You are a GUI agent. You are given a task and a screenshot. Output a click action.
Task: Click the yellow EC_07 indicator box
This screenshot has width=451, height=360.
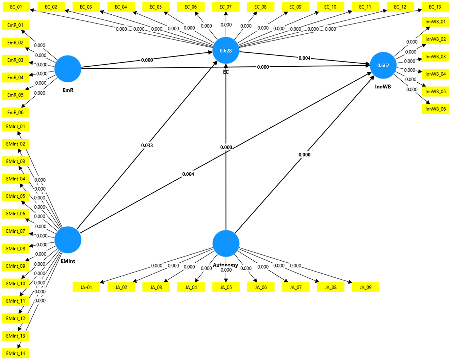pyautogui.click(x=225, y=7)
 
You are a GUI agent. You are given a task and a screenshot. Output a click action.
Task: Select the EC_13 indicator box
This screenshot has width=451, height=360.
pyautogui.click(x=435, y=7)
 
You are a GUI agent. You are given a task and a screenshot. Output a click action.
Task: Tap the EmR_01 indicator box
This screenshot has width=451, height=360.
pyautogui.click(x=15, y=25)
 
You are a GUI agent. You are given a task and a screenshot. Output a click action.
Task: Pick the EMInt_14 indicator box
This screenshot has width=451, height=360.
pyautogui.click(x=15, y=353)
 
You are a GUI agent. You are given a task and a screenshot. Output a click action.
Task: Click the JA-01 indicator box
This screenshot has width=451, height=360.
pyautogui.click(x=86, y=287)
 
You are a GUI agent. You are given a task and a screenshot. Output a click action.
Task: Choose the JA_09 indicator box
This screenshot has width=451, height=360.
pyautogui.click(x=365, y=287)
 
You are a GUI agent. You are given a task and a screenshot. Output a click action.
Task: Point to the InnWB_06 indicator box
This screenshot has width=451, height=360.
pyautogui.click(x=435, y=109)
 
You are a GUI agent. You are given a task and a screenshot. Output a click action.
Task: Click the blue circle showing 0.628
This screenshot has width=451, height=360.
pyautogui.click(x=226, y=51)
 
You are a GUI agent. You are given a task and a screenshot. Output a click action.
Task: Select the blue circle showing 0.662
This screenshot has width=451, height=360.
pyautogui.click(x=383, y=65)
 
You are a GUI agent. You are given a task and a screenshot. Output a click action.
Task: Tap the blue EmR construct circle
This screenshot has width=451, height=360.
pyautogui.click(x=68, y=69)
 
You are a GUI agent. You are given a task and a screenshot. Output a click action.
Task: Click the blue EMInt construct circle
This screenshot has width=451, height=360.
pyautogui.click(x=68, y=240)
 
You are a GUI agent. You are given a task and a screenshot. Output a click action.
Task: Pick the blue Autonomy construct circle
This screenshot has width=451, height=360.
pyautogui.click(x=226, y=243)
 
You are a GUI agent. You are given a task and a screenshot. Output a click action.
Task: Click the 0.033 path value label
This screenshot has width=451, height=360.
pyautogui.click(x=147, y=145)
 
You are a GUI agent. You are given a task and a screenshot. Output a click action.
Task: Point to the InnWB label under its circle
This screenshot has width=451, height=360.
pyautogui.click(x=383, y=87)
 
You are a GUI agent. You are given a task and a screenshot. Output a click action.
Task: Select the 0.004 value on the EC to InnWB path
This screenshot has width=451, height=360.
pyautogui.click(x=304, y=58)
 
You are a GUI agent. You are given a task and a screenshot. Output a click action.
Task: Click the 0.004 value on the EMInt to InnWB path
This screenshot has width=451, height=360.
pyautogui.click(x=188, y=174)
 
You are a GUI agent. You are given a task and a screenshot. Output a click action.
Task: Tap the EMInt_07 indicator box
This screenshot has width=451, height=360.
pyautogui.click(x=15, y=231)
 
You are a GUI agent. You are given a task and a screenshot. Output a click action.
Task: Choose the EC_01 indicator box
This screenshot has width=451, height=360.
pyautogui.click(x=16, y=7)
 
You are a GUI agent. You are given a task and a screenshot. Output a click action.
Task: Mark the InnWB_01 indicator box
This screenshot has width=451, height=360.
pyautogui.click(x=435, y=22)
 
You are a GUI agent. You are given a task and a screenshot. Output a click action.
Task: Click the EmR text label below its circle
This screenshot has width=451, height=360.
pyautogui.click(x=68, y=90)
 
